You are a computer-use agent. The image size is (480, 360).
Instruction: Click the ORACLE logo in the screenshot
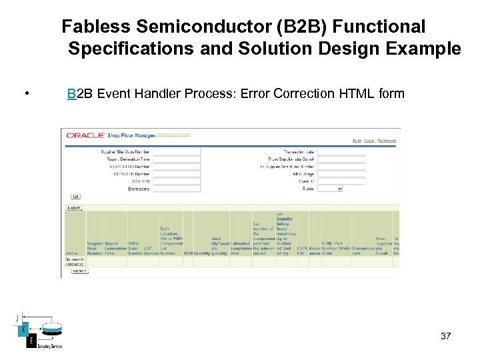click(85, 135)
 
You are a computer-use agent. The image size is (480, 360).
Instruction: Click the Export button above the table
click(73, 207)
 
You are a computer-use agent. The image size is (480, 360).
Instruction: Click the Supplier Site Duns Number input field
click(176, 152)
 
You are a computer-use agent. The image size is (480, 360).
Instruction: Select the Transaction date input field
click(341, 152)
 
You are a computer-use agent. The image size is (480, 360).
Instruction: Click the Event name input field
click(176, 189)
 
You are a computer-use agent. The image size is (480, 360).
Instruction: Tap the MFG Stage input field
click(341, 174)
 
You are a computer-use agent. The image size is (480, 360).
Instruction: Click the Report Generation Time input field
click(176, 159)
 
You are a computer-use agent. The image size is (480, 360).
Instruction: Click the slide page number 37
click(446, 336)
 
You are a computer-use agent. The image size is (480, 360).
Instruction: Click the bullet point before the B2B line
click(25, 93)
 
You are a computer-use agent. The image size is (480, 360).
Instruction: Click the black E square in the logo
click(31, 341)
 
